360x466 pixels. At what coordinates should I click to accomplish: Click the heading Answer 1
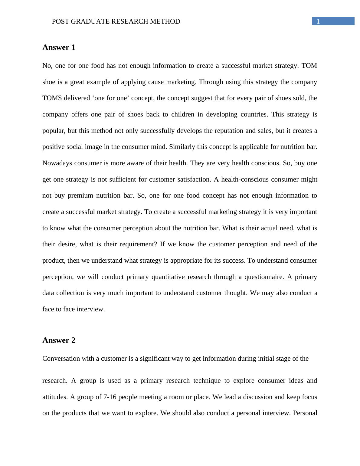point(59,48)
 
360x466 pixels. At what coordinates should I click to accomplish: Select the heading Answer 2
point(59,340)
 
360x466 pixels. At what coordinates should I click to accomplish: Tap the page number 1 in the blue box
point(318,21)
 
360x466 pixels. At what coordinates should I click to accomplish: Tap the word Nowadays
point(57,163)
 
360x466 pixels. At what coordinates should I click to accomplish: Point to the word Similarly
point(182,147)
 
